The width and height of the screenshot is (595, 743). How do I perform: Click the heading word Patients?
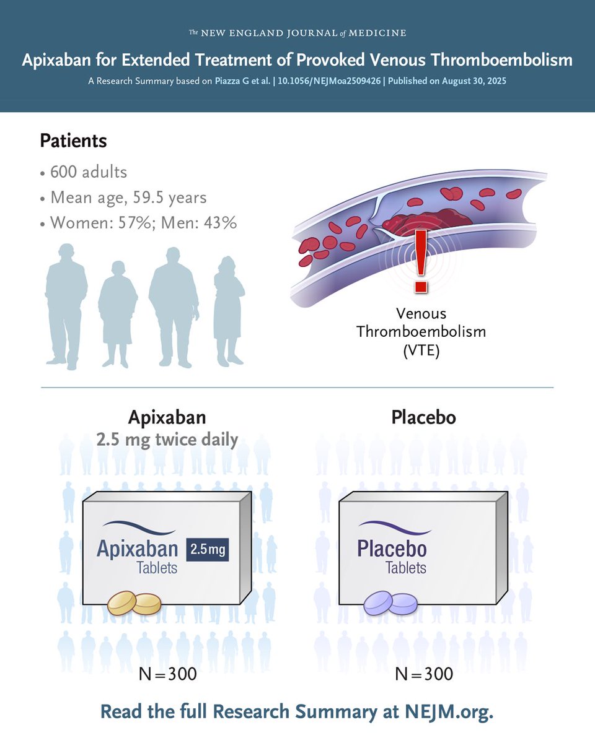pyautogui.click(x=73, y=141)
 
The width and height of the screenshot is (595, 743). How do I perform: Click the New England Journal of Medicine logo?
pyautogui.click(x=297, y=32)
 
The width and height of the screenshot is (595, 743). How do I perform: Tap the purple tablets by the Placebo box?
pyautogui.click(x=390, y=602)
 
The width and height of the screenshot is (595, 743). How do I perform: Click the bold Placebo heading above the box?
pyautogui.click(x=423, y=417)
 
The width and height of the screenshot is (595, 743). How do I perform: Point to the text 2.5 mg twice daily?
pyautogui.click(x=167, y=440)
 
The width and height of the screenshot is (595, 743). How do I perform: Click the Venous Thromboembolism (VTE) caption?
pyautogui.click(x=421, y=331)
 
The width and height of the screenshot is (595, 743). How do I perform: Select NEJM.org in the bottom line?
pyautogui.click(x=448, y=711)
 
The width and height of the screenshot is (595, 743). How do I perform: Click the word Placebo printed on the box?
pyautogui.click(x=392, y=549)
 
